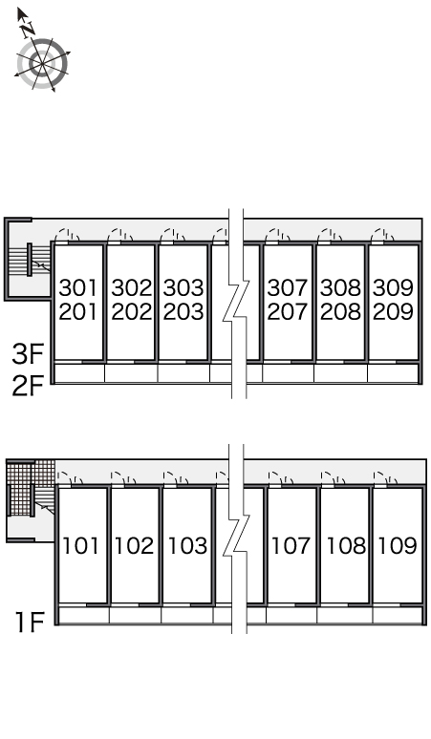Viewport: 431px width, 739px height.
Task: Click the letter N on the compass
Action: [29, 30]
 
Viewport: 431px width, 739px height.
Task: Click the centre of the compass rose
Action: [42, 63]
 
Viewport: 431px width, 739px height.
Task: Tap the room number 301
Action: [78, 287]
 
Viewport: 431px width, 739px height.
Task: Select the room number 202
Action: [132, 311]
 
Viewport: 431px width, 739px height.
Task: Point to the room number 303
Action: [183, 287]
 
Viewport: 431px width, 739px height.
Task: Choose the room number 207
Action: [288, 311]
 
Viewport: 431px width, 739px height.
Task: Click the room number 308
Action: [340, 287]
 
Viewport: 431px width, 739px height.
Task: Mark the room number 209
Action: [394, 311]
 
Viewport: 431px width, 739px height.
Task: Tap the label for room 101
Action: [81, 545]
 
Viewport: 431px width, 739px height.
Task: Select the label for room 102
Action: [135, 545]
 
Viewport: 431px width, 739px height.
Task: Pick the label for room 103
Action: [187, 545]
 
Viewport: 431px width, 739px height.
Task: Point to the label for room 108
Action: [346, 545]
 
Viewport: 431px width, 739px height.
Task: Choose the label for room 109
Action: [398, 545]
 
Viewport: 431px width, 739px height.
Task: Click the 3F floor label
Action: [28, 354]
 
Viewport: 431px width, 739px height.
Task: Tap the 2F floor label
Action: [28, 387]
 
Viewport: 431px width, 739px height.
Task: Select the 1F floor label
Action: [30, 623]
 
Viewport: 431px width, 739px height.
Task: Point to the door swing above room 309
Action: [383, 235]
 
